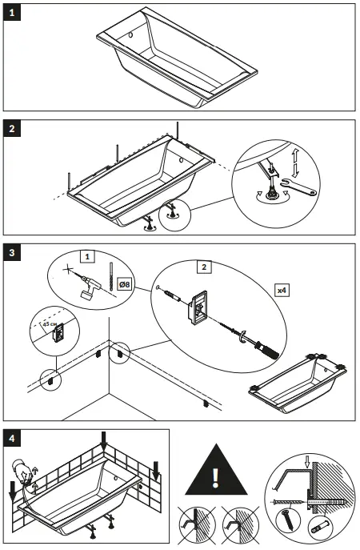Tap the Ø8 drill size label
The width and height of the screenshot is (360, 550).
tap(125, 284)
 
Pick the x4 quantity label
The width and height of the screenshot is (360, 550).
tap(282, 287)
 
